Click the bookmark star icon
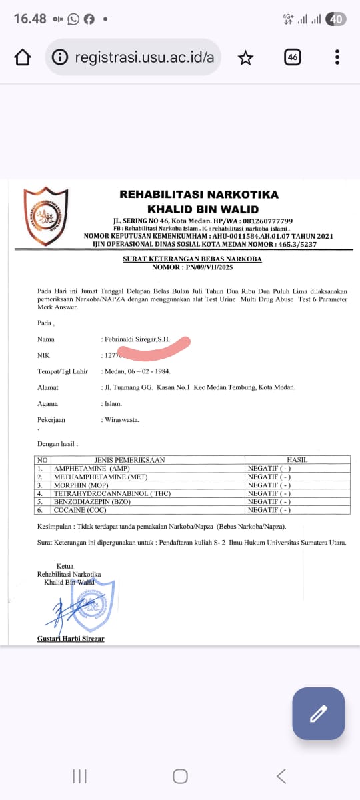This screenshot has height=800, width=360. click(x=246, y=58)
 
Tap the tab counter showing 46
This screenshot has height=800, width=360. click(x=292, y=57)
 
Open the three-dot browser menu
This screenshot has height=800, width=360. click(x=338, y=57)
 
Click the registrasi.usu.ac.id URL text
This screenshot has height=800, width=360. click(x=144, y=57)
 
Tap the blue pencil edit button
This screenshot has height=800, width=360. click(x=318, y=713)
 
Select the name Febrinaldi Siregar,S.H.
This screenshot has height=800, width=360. click(x=137, y=339)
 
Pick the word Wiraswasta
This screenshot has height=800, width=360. click(x=121, y=420)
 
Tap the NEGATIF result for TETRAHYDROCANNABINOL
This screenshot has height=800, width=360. click(x=269, y=493)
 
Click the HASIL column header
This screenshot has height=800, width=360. click(x=297, y=460)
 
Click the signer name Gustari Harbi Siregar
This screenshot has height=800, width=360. click(x=71, y=639)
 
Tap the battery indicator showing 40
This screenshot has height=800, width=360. click(x=337, y=19)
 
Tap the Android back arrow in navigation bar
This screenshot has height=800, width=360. click(x=281, y=775)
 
